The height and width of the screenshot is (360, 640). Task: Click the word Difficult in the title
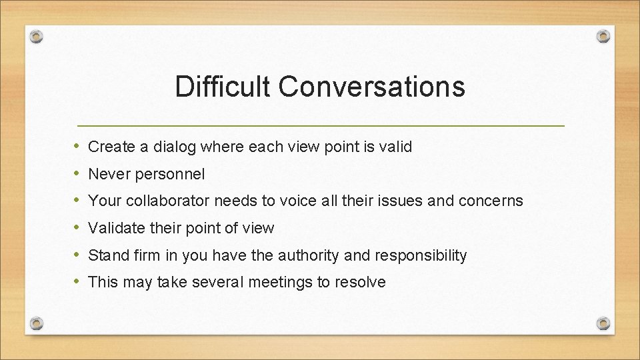coord(221,87)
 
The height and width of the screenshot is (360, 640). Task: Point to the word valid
coord(397,147)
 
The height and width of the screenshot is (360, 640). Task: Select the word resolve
coord(360,283)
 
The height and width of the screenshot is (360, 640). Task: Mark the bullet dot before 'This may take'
coord(77,282)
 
